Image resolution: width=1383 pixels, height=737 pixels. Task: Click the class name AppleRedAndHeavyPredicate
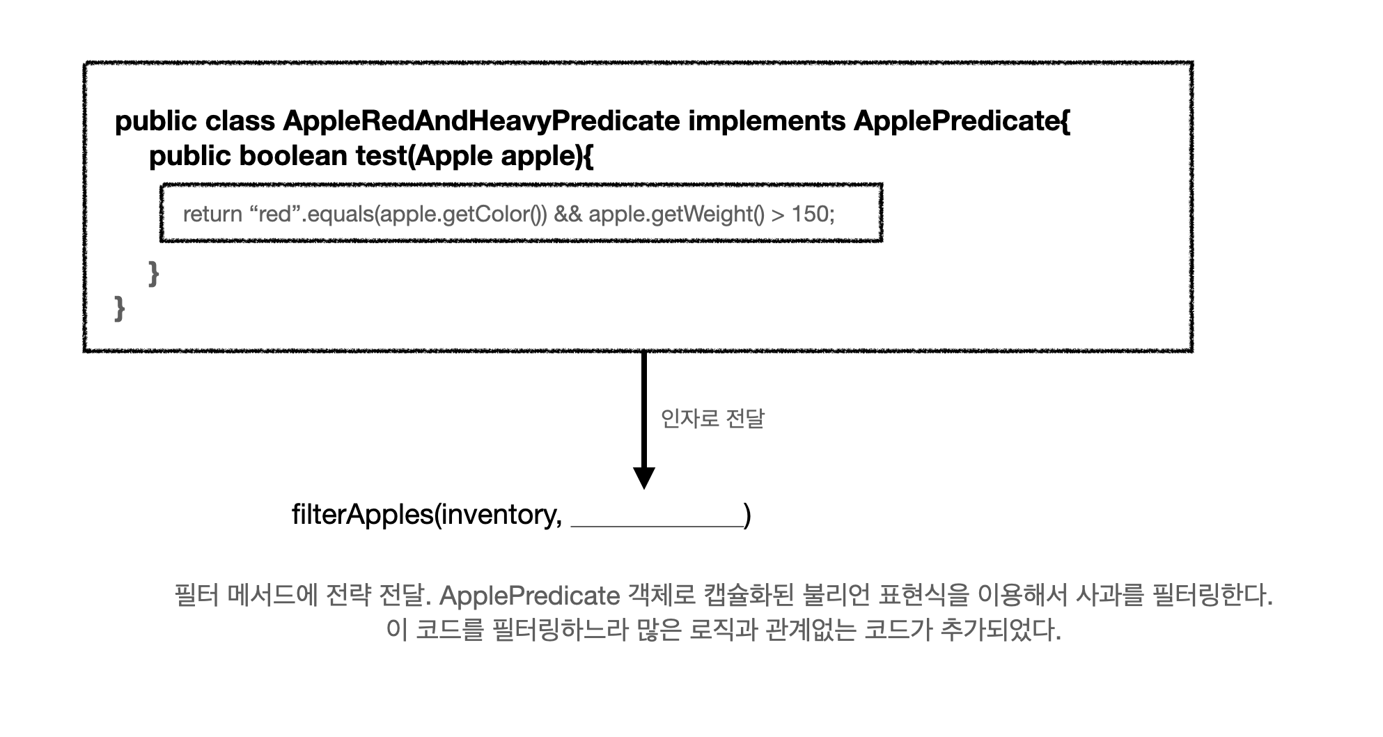point(480,121)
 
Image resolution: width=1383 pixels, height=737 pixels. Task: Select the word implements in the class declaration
point(767,121)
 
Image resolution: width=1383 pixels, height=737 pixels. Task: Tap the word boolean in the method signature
point(293,155)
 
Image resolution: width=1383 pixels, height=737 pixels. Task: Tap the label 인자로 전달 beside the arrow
point(712,419)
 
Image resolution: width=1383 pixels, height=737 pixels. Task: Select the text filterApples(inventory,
point(427,515)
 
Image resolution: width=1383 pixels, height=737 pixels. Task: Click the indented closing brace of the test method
point(154,273)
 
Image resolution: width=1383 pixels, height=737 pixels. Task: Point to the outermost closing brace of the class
point(120,307)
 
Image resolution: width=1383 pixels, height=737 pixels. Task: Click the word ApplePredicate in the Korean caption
point(529,596)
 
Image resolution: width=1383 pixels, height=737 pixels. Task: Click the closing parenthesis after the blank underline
point(748,515)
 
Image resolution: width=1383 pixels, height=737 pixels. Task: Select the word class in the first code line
point(240,121)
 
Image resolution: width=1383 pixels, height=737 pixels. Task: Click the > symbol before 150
point(778,215)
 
